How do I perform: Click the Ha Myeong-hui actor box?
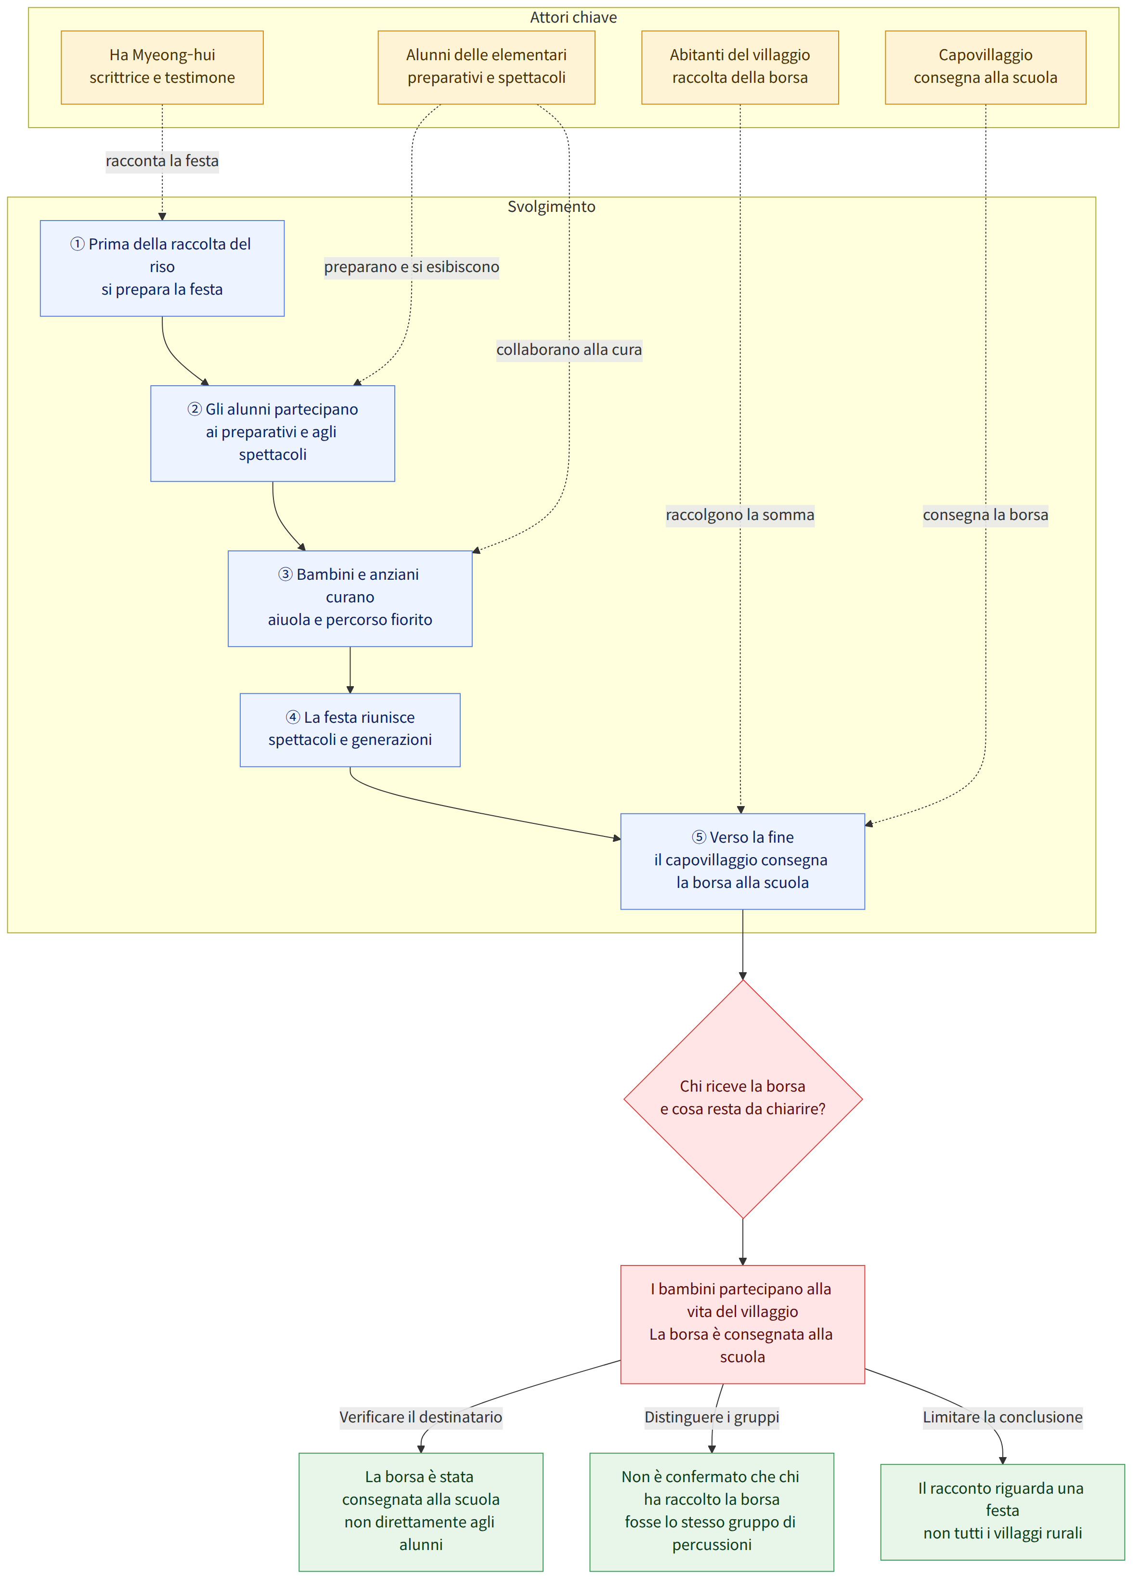pos(162,67)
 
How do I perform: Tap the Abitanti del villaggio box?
pos(739,67)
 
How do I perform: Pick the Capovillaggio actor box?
pos(985,67)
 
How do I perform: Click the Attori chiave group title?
pos(573,17)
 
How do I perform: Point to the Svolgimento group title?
pos(551,207)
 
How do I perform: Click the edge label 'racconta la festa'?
pos(162,161)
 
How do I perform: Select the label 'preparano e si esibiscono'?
pos(412,267)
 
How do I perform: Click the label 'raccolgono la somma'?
pos(739,515)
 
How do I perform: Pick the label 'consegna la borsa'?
pos(985,515)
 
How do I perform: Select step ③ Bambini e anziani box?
pos(350,599)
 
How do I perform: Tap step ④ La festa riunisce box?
pos(350,730)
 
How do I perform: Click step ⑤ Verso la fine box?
pos(742,861)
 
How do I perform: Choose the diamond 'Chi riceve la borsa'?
pos(742,1098)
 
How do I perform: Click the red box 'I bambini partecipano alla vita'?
pos(742,1324)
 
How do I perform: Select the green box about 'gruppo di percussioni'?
pos(712,1512)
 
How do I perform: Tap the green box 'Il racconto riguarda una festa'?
pos(1003,1512)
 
